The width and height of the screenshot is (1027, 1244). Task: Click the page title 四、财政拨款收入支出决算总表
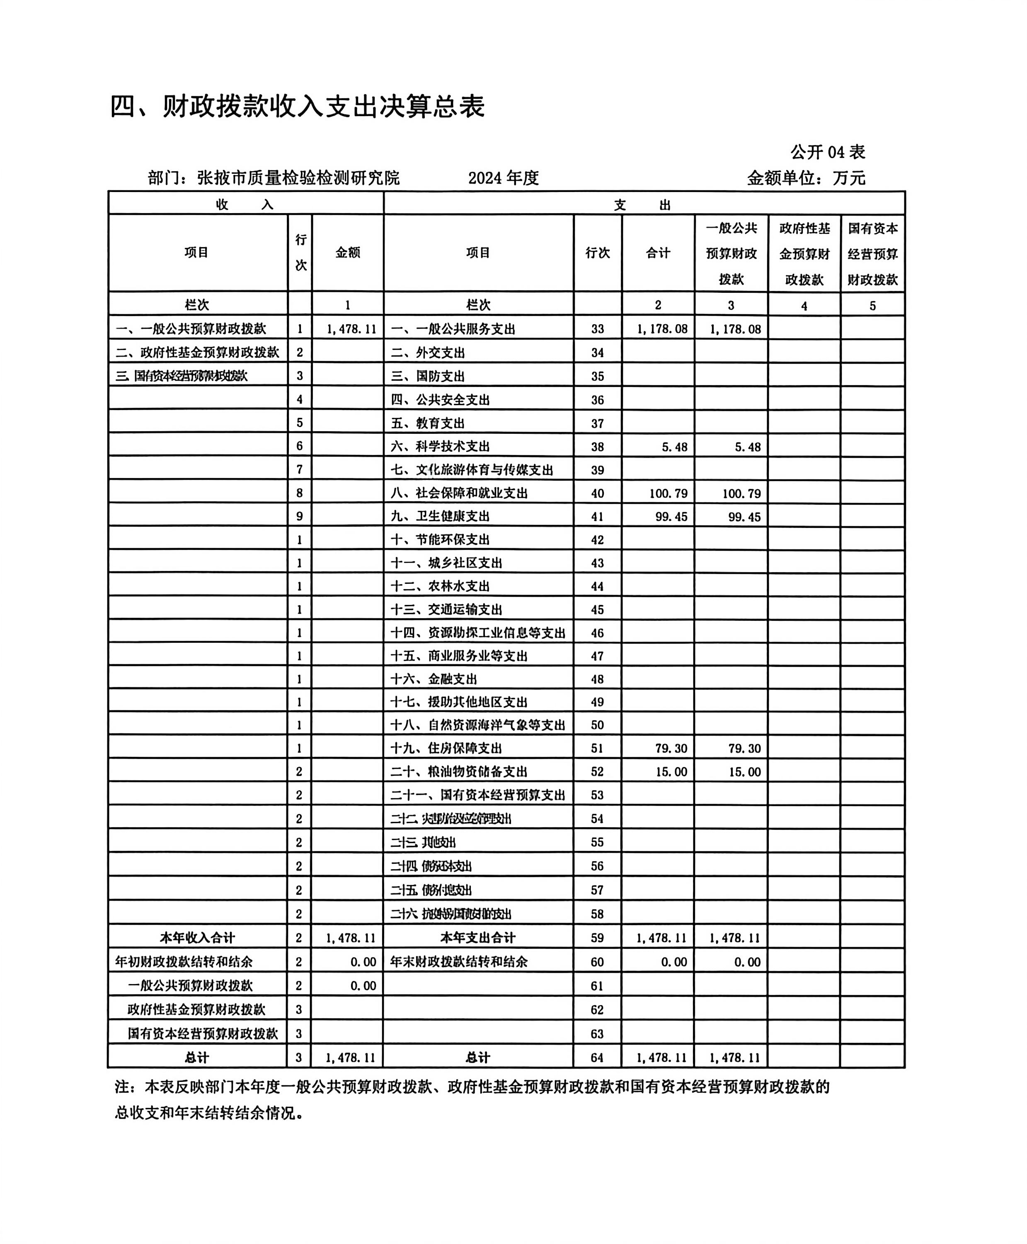(298, 107)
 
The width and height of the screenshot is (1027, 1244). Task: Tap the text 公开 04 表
(827, 152)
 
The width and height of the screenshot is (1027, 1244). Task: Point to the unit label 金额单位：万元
(806, 177)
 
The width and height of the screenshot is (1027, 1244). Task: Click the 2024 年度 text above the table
(504, 177)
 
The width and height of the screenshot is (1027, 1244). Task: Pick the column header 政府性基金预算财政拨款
(804, 253)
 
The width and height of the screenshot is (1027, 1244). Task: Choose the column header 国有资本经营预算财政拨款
(872, 253)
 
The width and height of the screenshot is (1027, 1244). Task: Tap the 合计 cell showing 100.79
(668, 493)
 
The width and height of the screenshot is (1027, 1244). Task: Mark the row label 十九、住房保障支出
(446, 748)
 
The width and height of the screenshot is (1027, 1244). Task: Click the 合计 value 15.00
(671, 772)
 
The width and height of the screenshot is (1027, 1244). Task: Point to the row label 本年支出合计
(477, 938)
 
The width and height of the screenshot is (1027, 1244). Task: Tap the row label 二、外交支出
(428, 353)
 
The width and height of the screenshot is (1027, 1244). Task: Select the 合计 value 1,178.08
(662, 329)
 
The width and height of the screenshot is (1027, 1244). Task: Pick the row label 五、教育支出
(428, 423)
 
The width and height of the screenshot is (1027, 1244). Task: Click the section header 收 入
(245, 205)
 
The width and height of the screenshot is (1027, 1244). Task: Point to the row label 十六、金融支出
(434, 679)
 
